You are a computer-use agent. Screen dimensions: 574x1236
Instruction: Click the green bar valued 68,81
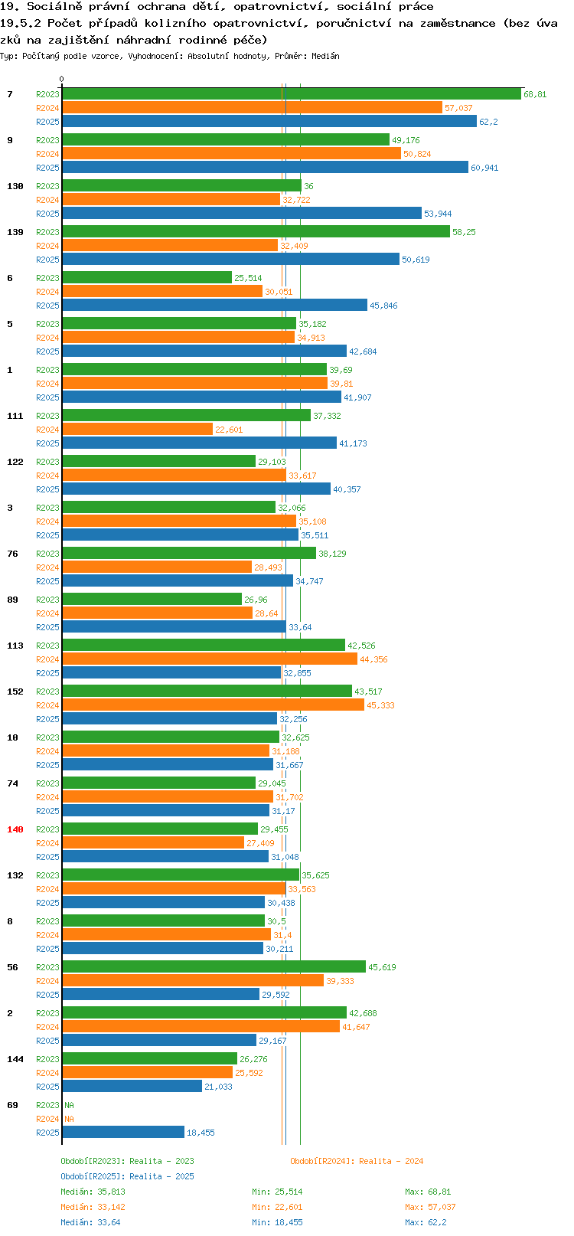pos(292,93)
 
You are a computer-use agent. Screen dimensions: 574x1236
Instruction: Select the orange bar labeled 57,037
pos(252,108)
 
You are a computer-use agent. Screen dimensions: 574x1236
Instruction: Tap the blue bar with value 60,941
pos(266,167)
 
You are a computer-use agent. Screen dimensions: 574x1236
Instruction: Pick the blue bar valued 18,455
pos(123,1133)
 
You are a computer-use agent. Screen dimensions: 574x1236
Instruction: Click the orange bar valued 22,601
pos(137,430)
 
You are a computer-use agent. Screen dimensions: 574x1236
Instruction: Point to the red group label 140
pos(15,829)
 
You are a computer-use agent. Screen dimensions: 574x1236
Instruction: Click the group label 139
pos(15,232)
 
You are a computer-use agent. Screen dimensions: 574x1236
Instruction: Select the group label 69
pos(12,1105)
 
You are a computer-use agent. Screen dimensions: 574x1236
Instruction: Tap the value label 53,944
pos(438,214)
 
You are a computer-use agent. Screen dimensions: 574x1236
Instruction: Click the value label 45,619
pos(382,967)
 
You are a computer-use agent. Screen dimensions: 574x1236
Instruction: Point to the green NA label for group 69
pos(69,1105)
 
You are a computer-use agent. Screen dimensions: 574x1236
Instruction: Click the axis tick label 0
pos(61,79)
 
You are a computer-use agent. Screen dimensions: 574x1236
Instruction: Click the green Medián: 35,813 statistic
pos(93,1192)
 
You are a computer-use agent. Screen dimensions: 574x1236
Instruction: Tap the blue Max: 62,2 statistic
pos(426,1222)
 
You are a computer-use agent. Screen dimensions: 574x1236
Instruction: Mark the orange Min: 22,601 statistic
pos(277,1208)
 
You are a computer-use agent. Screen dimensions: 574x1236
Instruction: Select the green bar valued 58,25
pos(256,232)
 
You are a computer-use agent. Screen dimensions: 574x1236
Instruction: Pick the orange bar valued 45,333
pos(214,705)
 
